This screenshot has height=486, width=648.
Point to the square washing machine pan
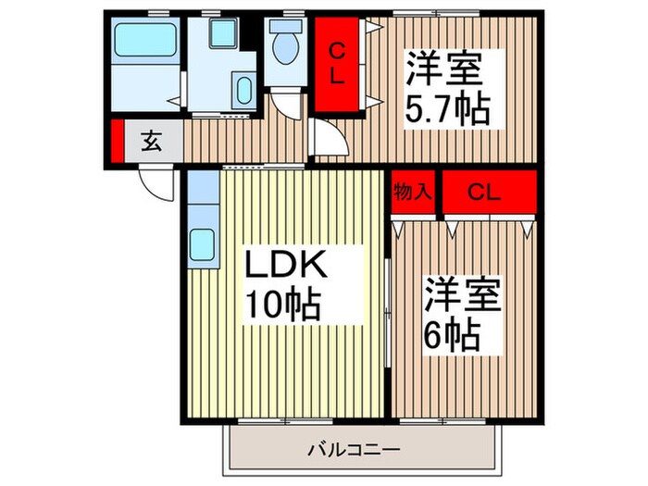point(222,34)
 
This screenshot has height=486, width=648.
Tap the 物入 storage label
point(413,193)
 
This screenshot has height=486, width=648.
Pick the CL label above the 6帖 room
point(484,193)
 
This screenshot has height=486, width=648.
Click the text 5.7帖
point(447,110)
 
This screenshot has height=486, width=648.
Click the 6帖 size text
point(453,334)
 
